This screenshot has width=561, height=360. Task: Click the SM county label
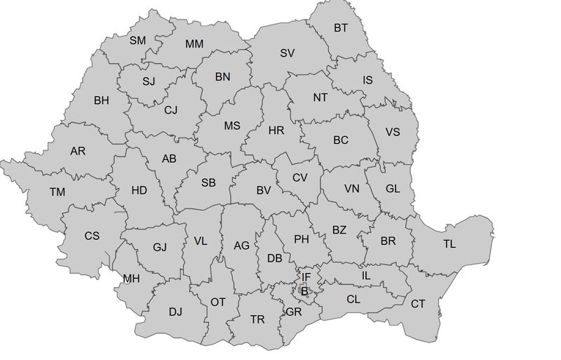[137, 41]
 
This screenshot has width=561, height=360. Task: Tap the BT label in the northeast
[341, 28]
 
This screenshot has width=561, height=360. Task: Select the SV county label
[288, 53]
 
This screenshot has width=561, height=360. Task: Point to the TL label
[449, 244]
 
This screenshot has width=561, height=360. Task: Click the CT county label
[418, 304]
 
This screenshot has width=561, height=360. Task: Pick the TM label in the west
[57, 192]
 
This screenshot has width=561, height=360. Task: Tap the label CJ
[171, 109]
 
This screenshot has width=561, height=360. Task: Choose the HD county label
[139, 190]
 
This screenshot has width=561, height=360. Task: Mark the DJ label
[175, 311]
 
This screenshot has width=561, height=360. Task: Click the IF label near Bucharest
[306, 277]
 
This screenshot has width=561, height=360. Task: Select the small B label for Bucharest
[304, 291]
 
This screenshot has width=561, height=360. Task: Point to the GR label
[294, 312]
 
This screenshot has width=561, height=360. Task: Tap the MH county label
[131, 279]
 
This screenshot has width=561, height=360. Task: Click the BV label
[264, 190]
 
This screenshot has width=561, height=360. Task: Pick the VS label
[393, 132]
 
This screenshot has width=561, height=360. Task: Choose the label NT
[320, 98]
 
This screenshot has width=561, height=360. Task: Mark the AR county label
[78, 151]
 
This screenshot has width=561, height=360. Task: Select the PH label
[302, 239]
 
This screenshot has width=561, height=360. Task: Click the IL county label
[365, 275]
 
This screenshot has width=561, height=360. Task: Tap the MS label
[232, 126]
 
